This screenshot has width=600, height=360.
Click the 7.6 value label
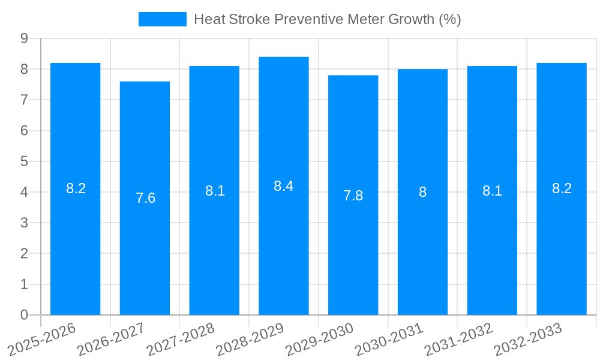tap(145, 198)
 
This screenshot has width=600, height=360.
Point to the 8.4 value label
tap(284, 186)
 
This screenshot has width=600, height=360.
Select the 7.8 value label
tap(353, 196)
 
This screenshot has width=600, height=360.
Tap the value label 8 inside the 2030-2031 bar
tap(422, 192)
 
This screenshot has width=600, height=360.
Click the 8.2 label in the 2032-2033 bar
tap(562, 188)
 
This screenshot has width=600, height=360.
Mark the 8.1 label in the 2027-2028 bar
tap(215, 191)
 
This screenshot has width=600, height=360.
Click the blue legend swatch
tap(162, 19)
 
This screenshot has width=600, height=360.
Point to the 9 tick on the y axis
tap(24, 38)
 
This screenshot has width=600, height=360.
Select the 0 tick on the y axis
tap(24, 315)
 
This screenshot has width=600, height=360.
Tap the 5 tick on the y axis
tap(24, 161)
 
